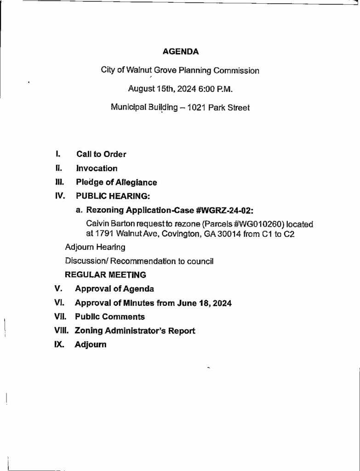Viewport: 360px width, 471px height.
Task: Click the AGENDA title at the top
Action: (x=181, y=52)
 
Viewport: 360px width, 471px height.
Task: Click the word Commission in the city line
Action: (x=235, y=71)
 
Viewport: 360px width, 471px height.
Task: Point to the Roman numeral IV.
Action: (x=58, y=196)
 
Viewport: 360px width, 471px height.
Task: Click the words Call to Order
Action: (x=101, y=155)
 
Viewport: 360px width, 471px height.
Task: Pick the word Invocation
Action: (x=97, y=168)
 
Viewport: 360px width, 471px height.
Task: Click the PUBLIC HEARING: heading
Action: (x=113, y=196)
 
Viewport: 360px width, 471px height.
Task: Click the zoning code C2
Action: (x=289, y=234)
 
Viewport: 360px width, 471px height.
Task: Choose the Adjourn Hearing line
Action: (x=95, y=247)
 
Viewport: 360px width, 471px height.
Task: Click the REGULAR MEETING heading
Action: (x=106, y=275)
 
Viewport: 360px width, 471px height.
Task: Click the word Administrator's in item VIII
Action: (x=138, y=331)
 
